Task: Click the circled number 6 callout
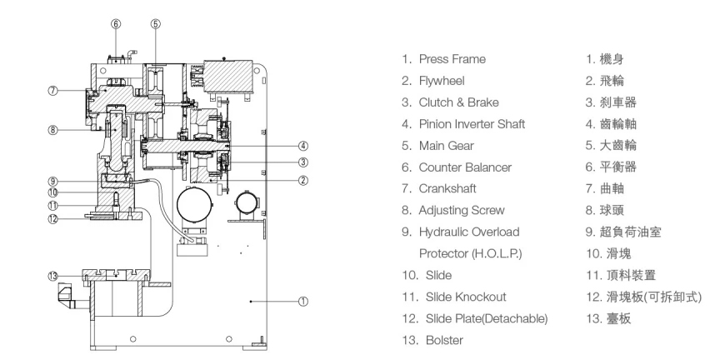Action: click(x=116, y=24)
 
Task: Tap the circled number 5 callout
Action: click(x=156, y=24)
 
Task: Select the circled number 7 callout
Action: click(x=53, y=91)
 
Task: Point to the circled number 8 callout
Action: click(x=53, y=130)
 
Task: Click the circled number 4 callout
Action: click(x=303, y=146)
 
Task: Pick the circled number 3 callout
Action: click(x=303, y=162)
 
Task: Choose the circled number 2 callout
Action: click(x=303, y=180)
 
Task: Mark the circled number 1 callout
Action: click(x=303, y=302)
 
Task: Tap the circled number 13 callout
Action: click(x=53, y=276)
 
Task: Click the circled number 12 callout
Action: click(x=53, y=218)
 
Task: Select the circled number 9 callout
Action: click(x=53, y=182)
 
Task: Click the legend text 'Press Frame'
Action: click(x=452, y=59)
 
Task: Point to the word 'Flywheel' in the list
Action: click(x=442, y=82)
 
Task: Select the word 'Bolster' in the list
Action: click(x=444, y=340)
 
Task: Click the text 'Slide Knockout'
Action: click(x=466, y=297)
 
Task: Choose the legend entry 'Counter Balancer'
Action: click(x=465, y=167)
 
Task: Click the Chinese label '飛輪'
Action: click(x=612, y=82)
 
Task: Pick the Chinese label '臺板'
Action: click(x=619, y=318)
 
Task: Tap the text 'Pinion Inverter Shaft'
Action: click(x=472, y=124)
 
